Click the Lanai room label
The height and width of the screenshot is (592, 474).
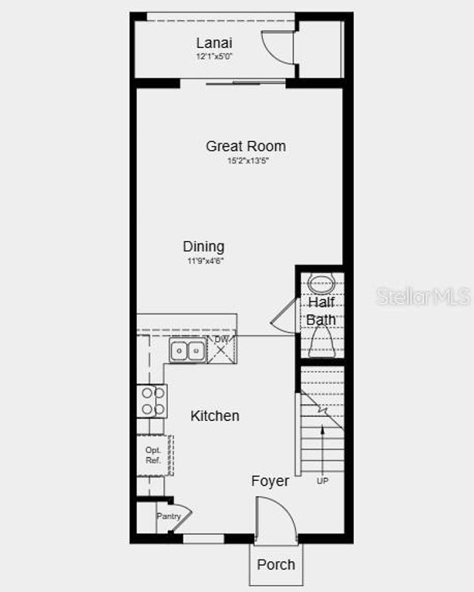click(213, 43)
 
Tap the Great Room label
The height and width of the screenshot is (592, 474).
click(245, 146)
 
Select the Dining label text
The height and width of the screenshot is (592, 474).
click(203, 247)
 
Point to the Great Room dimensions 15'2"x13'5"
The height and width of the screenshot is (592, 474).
click(247, 161)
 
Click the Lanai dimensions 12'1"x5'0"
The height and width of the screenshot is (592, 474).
click(213, 56)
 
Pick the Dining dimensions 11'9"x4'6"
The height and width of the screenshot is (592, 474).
click(204, 261)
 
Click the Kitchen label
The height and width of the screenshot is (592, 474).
click(215, 415)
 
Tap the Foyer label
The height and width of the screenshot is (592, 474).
click(271, 481)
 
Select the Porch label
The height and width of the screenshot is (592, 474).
click(276, 564)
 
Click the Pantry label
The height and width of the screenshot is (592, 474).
click(168, 516)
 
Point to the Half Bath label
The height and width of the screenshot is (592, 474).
click(321, 311)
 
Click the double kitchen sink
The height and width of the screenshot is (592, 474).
click(188, 351)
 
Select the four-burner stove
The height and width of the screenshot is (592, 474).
click(152, 401)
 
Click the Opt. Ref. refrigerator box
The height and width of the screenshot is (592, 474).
click(154, 455)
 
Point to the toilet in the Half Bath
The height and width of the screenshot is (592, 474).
click(321, 341)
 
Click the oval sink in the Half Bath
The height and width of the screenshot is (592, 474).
click(321, 284)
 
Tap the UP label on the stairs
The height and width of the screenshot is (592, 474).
click(322, 481)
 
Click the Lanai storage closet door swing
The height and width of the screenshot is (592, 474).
click(274, 48)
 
